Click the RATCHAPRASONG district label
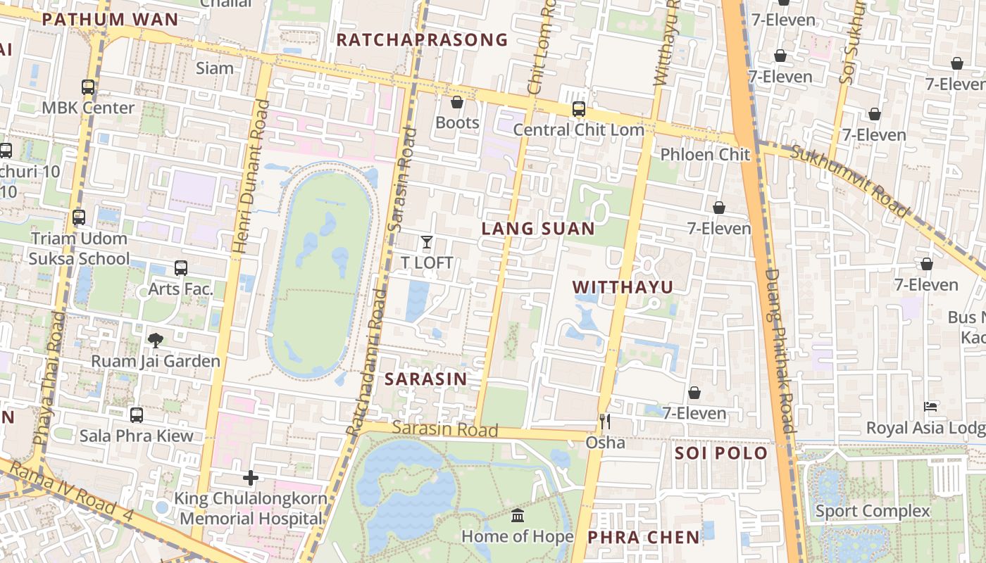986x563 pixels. coord(421,39)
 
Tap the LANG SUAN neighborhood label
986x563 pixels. coord(538,229)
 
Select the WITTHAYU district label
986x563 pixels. coord(623,287)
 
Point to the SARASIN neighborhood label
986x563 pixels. coord(425,379)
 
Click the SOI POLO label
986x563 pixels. coord(720,453)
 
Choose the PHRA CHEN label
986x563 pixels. coord(644,538)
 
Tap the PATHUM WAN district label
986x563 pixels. coord(110,19)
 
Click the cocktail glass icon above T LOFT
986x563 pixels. coord(426,243)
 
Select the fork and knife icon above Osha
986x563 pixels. coord(604,422)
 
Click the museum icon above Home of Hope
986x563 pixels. coord(518,516)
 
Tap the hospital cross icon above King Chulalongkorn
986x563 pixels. coord(250,478)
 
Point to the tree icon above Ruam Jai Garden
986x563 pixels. coord(156,341)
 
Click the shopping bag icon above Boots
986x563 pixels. coord(456,102)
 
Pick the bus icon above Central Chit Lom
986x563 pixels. coord(578,109)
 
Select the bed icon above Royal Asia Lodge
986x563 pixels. coord(930,407)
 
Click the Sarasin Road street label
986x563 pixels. coord(445,429)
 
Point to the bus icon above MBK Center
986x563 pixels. coord(88,87)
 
